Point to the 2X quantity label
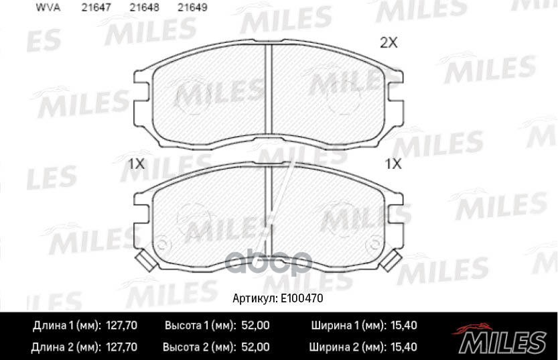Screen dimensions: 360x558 tap(389, 44)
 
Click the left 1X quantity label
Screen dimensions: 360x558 tap(136, 163)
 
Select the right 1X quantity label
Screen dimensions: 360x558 tap(392, 163)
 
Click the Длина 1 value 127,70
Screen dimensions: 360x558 tap(122, 326)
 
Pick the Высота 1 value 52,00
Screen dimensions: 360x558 tap(255, 326)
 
